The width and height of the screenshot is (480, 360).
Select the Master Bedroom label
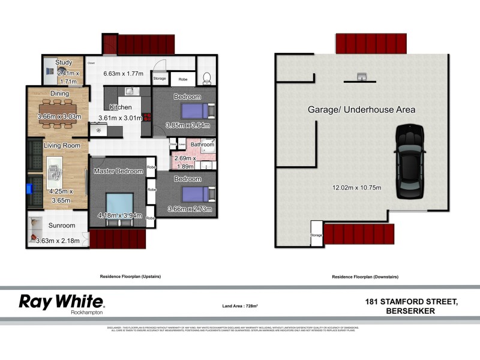click(x=118, y=172)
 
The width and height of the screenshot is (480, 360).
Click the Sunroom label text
click(x=62, y=226)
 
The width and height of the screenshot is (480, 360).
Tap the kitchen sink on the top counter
click(x=128, y=91)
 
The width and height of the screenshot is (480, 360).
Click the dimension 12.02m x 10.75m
click(x=357, y=188)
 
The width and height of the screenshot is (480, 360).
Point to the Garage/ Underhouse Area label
click(x=361, y=110)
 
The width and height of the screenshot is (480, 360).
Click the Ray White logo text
click(x=62, y=301)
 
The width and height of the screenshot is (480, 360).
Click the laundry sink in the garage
click(x=362, y=76)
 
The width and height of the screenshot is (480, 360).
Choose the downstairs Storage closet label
click(x=316, y=235)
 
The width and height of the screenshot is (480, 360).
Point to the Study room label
click(x=64, y=62)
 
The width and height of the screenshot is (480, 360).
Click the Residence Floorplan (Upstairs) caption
click(x=130, y=277)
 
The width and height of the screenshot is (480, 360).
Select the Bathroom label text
click(x=202, y=145)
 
